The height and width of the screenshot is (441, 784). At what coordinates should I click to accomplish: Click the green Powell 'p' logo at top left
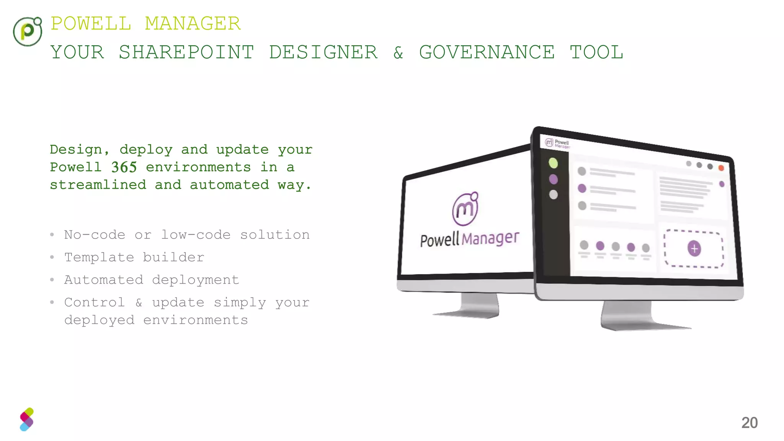(27, 31)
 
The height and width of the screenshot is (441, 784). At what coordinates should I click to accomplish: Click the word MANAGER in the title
(193, 24)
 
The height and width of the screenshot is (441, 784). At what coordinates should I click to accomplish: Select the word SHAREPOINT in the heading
(186, 52)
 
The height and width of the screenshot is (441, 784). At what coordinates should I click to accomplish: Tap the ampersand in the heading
(398, 53)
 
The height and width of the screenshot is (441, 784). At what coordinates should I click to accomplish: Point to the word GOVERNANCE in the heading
(487, 52)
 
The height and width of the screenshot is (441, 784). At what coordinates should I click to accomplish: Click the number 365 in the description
(124, 167)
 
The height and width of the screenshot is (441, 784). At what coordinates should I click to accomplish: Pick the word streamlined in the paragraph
(98, 185)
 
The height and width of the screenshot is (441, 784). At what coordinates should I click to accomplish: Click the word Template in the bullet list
(99, 257)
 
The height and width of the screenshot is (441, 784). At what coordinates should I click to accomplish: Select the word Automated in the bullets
(104, 280)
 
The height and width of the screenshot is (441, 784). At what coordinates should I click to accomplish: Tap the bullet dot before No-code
(52, 235)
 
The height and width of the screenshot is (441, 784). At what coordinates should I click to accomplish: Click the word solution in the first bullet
(275, 235)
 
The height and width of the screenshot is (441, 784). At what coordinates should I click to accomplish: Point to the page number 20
(749, 423)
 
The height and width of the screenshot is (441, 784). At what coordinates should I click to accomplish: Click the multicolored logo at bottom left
(27, 420)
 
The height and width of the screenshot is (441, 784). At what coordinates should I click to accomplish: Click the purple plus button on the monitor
(694, 248)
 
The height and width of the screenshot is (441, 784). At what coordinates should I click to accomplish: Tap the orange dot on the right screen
(721, 168)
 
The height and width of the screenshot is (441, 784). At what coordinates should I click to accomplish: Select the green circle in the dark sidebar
(553, 163)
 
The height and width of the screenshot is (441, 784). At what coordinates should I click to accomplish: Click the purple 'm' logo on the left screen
(465, 209)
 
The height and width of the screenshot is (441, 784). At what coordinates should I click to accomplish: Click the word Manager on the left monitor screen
(490, 238)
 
